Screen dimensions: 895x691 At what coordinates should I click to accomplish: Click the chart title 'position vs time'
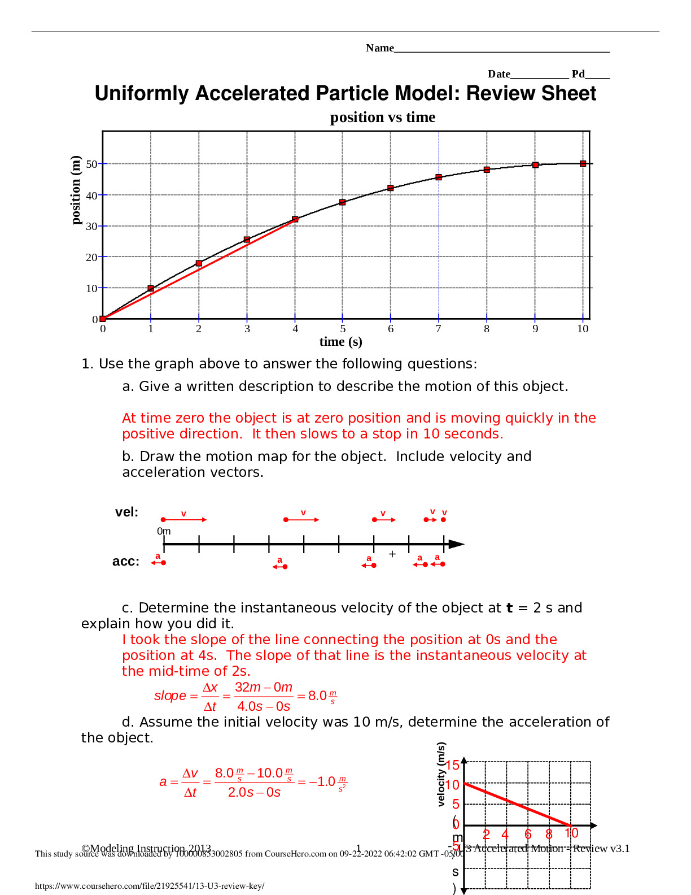(382, 118)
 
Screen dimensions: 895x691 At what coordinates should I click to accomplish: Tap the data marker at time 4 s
(295, 219)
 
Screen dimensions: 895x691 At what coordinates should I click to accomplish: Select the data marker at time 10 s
(583, 164)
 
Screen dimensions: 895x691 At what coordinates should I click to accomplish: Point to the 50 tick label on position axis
(91, 164)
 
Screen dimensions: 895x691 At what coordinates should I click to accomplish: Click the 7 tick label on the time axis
(438, 329)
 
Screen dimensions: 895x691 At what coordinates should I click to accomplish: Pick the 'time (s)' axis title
(340, 342)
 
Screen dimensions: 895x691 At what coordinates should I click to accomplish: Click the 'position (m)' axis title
(76, 190)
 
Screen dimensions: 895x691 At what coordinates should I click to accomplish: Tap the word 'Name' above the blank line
(379, 49)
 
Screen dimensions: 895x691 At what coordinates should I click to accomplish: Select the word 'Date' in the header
(498, 74)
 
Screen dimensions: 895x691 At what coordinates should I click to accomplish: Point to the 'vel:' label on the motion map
(126, 512)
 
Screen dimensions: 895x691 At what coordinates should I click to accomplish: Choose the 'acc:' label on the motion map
(125, 562)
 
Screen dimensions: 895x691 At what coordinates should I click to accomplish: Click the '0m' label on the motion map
(164, 531)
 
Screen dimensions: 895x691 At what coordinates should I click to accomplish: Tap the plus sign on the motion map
(392, 554)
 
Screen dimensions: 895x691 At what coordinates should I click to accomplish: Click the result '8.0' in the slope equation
(317, 696)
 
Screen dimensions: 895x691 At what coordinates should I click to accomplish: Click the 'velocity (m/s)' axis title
(441, 774)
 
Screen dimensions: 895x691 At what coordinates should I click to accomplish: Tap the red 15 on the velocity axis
(453, 765)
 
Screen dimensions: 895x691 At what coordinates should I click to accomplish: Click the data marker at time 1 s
(151, 288)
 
